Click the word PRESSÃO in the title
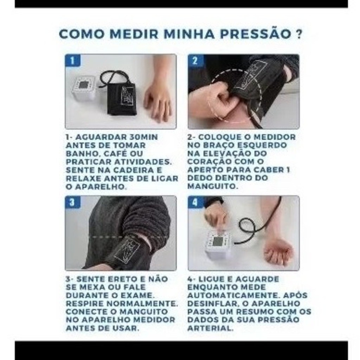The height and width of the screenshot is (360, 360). click(256, 34)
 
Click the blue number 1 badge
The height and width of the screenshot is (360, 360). click(72, 60)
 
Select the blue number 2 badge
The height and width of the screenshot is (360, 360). click(195, 60)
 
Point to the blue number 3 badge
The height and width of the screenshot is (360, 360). click(72, 202)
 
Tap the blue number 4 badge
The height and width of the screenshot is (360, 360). click(195, 202)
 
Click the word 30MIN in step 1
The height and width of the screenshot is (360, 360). click(143, 137)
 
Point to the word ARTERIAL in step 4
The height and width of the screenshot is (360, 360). click(210, 328)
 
